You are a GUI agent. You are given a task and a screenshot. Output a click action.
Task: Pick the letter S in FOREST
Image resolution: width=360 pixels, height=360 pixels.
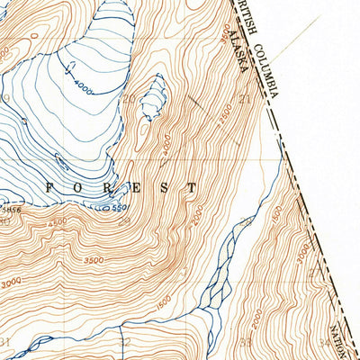click(165, 188)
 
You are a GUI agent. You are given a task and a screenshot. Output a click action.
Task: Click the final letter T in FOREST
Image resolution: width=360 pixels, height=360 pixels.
click(193, 188)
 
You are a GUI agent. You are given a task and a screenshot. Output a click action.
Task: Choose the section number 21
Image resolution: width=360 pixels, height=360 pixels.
click(246, 99)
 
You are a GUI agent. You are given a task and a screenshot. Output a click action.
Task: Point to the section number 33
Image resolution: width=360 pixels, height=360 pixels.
click(246, 342)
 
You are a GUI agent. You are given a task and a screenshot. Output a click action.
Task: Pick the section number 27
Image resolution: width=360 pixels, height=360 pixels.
click(314, 270)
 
